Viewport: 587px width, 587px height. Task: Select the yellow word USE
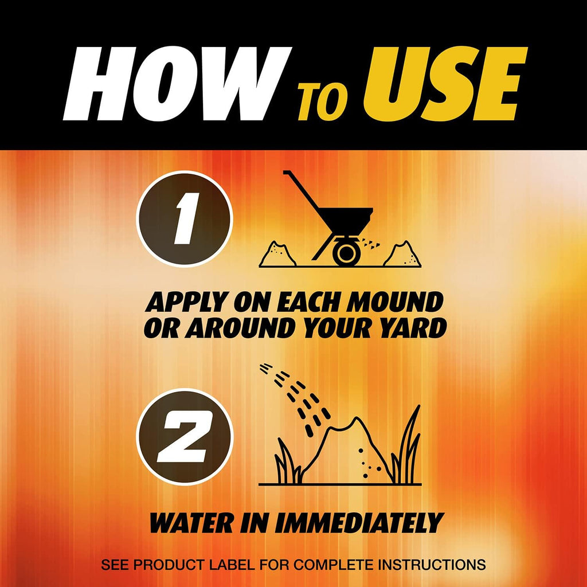[x=445, y=85]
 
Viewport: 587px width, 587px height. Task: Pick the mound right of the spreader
[x=402, y=255]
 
